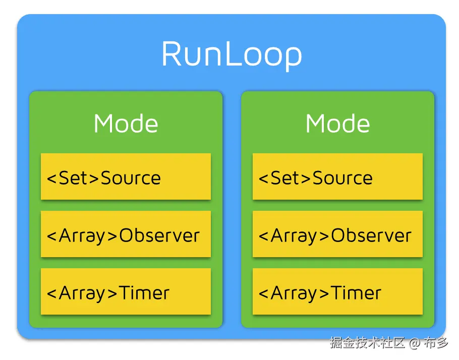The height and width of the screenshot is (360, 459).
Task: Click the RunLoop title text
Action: click(x=232, y=54)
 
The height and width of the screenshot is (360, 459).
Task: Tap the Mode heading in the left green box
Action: click(x=126, y=124)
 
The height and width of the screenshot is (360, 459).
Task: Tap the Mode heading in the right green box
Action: click(x=337, y=124)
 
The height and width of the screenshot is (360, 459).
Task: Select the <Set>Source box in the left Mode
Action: click(x=126, y=177)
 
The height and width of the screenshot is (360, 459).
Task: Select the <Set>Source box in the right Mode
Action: click(x=337, y=177)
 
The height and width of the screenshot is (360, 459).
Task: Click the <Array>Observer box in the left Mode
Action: click(x=126, y=234)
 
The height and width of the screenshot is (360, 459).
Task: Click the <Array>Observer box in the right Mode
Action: click(x=337, y=234)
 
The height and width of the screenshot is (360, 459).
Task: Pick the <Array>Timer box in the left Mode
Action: click(x=126, y=292)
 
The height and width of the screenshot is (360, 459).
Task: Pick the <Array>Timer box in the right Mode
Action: click(x=337, y=292)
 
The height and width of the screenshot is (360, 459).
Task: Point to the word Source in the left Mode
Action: click(x=131, y=178)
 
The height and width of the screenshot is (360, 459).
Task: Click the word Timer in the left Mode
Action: click(x=144, y=293)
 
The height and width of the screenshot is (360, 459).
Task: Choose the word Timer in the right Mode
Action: click(x=356, y=293)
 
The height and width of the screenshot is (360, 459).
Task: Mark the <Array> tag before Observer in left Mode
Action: click(x=82, y=235)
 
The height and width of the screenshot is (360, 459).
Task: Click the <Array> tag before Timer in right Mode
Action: click(x=294, y=293)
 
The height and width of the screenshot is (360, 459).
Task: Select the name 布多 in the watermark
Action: click(x=436, y=343)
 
